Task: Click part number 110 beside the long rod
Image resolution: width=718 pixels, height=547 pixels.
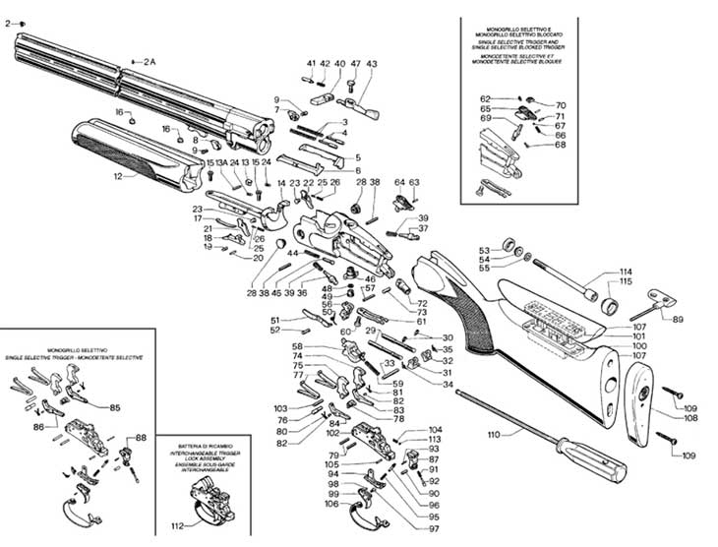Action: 494,433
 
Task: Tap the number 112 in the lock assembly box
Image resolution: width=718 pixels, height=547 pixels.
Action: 178,524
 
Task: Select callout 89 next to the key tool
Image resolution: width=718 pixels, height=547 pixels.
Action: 677,319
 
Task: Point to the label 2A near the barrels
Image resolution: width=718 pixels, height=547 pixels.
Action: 150,61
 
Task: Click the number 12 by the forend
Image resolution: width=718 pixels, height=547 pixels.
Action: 118,177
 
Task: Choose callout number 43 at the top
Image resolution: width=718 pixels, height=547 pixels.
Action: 372,64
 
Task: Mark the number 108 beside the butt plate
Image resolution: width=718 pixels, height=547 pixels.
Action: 690,418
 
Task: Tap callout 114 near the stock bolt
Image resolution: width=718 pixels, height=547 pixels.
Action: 626,272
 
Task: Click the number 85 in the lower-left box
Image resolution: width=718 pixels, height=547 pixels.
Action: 115,407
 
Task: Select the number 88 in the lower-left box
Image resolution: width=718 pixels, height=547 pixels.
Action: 141,438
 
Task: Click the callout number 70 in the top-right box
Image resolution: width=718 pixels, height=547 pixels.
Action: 561,105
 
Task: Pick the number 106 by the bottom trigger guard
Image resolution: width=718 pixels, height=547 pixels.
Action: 331,504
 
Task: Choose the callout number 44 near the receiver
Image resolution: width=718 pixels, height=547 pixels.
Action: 293,254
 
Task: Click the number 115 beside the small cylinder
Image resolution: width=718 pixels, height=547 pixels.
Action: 626,283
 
